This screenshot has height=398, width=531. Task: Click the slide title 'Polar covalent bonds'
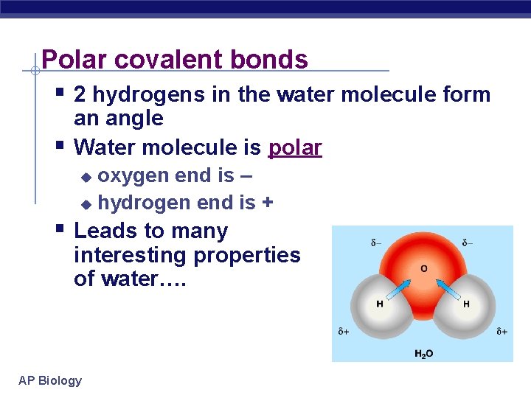[x=175, y=59]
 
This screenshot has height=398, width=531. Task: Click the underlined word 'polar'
[x=295, y=147]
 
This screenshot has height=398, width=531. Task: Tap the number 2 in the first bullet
[x=80, y=95]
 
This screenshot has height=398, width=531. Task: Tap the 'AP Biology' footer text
[x=50, y=380]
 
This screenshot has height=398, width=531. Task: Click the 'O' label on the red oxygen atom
[x=423, y=268]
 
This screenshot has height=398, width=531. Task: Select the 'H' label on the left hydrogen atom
[x=380, y=304]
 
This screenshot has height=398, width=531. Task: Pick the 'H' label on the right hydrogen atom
[x=466, y=304]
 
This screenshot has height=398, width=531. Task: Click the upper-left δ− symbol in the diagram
[x=376, y=242]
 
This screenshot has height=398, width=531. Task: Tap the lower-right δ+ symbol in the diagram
[x=501, y=332]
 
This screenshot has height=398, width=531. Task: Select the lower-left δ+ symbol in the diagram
[x=343, y=332]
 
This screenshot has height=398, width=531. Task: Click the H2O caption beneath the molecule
[x=423, y=354]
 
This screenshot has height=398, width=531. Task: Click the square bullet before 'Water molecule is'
[x=60, y=144]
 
